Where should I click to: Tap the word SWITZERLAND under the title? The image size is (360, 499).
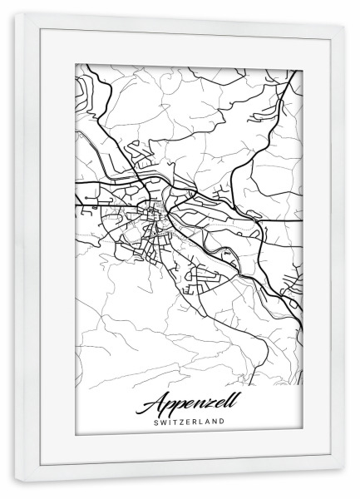tap(189, 422)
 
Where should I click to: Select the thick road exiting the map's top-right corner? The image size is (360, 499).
tap(293, 79)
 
